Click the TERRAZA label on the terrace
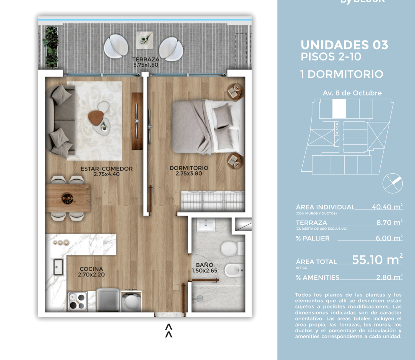point(146,60)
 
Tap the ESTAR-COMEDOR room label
point(106,169)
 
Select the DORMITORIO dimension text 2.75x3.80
point(189,174)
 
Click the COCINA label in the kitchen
point(91,269)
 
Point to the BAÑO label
point(204,265)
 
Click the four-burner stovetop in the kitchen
point(78,302)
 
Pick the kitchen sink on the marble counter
point(58,267)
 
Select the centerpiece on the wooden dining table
point(68,198)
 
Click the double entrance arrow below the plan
point(168,331)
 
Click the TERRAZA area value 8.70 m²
point(389,222)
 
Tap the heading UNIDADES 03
point(344,45)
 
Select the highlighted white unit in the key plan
point(339,108)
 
